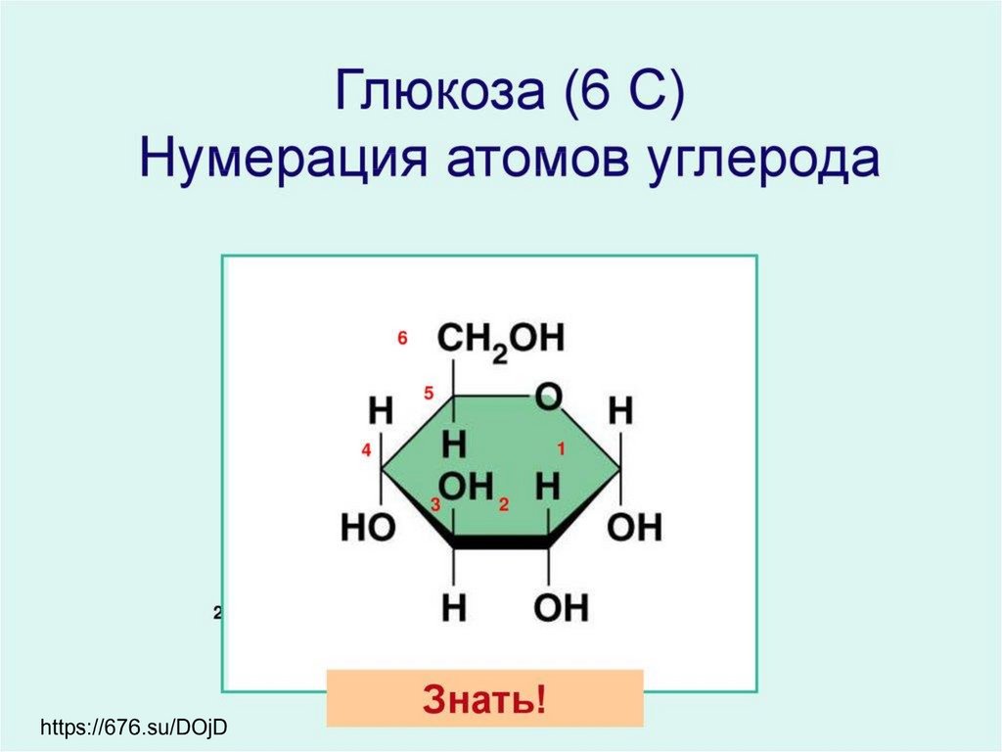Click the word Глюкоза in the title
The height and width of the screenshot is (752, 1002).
[x=439, y=93]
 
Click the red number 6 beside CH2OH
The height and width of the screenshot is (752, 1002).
[x=402, y=339]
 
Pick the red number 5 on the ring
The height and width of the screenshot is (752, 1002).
[x=429, y=394]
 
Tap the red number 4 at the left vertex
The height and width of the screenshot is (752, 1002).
[x=366, y=450]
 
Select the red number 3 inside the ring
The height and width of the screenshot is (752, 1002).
[x=435, y=505]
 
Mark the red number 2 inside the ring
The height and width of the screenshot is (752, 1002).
[x=504, y=505]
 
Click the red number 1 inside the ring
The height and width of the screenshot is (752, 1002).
[x=562, y=449]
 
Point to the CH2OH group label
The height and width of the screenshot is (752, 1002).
[x=501, y=341]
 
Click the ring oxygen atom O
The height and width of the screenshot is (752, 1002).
[x=549, y=398]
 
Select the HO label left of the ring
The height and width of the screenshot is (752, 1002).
[x=368, y=529]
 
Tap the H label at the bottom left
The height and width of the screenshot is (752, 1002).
[x=454, y=608]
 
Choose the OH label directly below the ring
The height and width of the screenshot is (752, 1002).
[x=562, y=608]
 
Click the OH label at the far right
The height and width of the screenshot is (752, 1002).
[x=635, y=529]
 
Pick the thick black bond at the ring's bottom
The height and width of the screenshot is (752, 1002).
[x=501, y=540]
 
